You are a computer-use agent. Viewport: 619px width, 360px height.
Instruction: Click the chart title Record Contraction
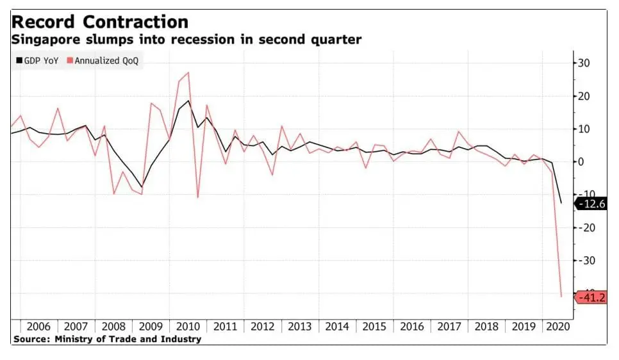point(100,22)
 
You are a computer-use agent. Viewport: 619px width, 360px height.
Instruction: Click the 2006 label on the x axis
point(38,326)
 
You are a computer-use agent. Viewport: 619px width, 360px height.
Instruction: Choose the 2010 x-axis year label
point(188,326)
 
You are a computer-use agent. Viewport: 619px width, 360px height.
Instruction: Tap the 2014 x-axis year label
point(337,326)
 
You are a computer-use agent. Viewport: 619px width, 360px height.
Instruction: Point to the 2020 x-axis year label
point(556,326)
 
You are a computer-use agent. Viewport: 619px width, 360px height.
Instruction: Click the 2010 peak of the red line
point(188,72)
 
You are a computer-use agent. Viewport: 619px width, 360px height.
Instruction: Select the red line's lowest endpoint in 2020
point(562,297)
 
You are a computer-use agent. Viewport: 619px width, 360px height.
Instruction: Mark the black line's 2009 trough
point(142,186)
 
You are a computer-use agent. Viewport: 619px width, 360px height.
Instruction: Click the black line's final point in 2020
point(562,203)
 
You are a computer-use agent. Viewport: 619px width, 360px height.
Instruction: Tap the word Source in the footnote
point(30,339)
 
